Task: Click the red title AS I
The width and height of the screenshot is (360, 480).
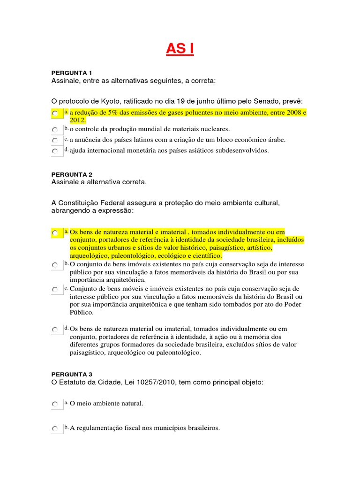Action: (x=180, y=48)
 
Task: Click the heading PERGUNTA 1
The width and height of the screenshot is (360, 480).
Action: (x=71, y=73)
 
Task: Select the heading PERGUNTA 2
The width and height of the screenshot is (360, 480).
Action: (x=71, y=174)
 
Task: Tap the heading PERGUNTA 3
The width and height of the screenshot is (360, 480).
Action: (x=71, y=374)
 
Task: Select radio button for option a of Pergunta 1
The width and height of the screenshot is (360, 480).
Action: (x=55, y=114)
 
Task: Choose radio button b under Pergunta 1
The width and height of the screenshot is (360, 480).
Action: (x=55, y=129)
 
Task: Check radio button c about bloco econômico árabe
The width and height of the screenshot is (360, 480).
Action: (x=55, y=140)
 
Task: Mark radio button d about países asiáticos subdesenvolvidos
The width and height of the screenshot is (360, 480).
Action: (x=55, y=151)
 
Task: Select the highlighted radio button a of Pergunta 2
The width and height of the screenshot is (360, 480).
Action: (x=55, y=232)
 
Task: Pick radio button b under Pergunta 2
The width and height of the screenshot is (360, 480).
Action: (x=55, y=265)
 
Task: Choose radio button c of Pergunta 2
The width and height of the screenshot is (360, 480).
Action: (x=55, y=290)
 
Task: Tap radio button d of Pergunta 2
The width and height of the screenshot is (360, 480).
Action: (x=55, y=330)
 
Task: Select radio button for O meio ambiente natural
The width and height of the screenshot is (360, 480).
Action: (x=55, y=404)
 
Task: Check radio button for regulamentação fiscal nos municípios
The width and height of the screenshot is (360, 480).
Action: (x=55, y=428)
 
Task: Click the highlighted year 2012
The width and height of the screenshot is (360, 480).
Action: (x=78, y=120)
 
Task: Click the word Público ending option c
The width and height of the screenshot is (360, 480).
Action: (x=82, y=312)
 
